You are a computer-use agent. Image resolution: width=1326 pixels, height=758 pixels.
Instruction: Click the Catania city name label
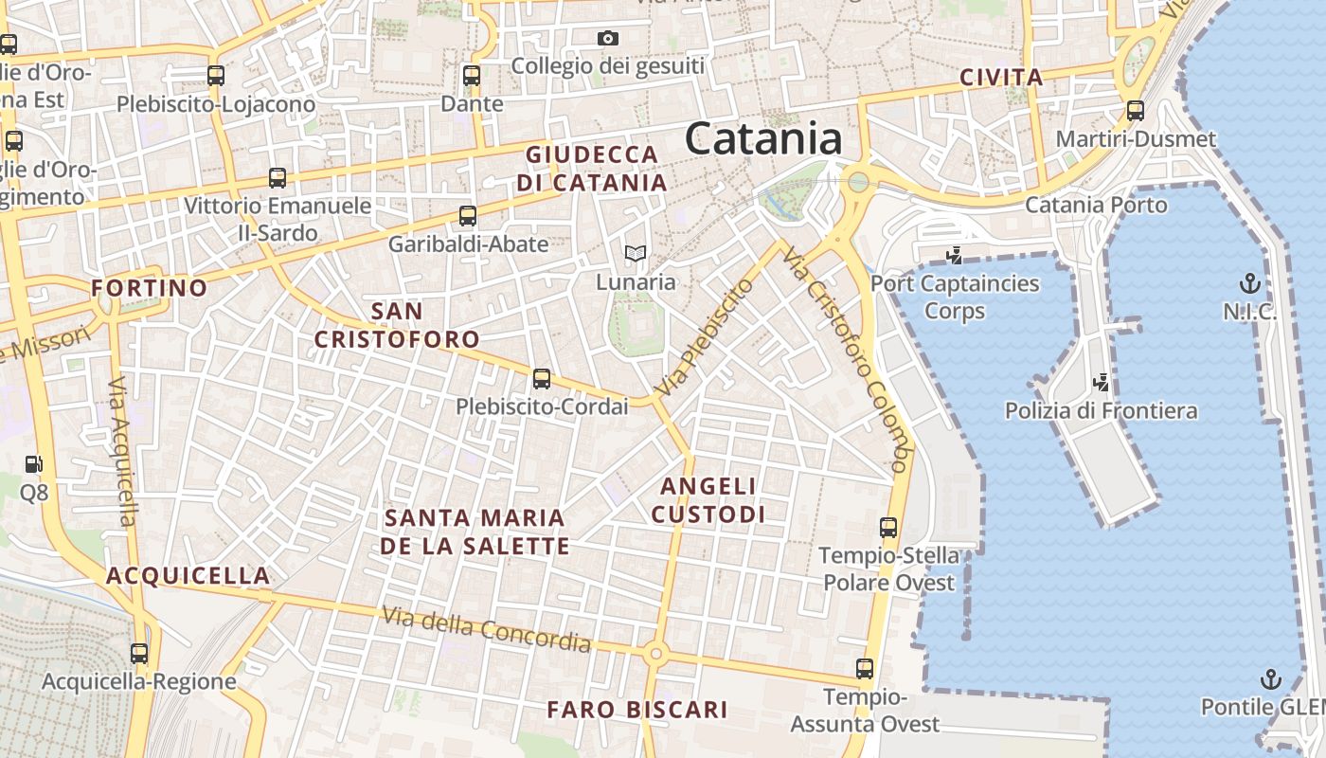[x=763, y=138]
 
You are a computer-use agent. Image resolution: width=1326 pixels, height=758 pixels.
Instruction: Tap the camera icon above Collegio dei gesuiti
[x=608, y=39]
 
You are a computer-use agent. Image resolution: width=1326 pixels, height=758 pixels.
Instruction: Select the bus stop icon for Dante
[x=472, y=76]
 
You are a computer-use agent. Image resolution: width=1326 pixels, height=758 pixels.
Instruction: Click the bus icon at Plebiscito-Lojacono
[x=216, y=76]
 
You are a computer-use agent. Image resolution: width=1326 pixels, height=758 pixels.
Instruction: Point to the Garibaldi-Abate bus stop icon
[x=468, y=216]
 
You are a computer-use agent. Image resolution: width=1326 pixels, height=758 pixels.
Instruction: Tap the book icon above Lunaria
[x=636, y=254]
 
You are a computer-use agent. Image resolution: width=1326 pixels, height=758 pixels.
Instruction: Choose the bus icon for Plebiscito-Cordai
[x=541, y=379]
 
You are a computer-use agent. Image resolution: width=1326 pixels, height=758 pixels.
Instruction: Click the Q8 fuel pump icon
[x=34, y=464]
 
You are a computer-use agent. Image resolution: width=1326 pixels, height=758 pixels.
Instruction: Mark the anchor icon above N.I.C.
[x=1250, y=283]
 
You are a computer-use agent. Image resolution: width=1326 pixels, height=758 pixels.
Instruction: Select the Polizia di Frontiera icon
[x=1101, y=383]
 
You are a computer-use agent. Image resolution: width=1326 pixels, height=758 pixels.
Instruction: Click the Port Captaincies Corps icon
[x=955, y=255]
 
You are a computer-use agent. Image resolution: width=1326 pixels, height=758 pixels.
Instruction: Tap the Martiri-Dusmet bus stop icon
[x=1136, y=111]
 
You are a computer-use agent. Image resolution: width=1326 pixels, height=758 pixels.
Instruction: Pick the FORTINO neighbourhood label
[x=150, y=288]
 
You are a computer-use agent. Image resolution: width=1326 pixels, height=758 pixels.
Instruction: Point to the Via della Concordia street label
[x=486, y=629]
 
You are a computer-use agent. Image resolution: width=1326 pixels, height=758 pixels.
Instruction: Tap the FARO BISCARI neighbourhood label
[x=637, y=710]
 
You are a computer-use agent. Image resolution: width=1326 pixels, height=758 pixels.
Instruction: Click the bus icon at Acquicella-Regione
[x=139, y=654]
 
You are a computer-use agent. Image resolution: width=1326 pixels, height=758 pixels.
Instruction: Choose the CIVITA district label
[x=1001, y=78]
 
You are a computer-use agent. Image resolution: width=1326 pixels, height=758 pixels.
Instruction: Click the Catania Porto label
[x=1096, y=205]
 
